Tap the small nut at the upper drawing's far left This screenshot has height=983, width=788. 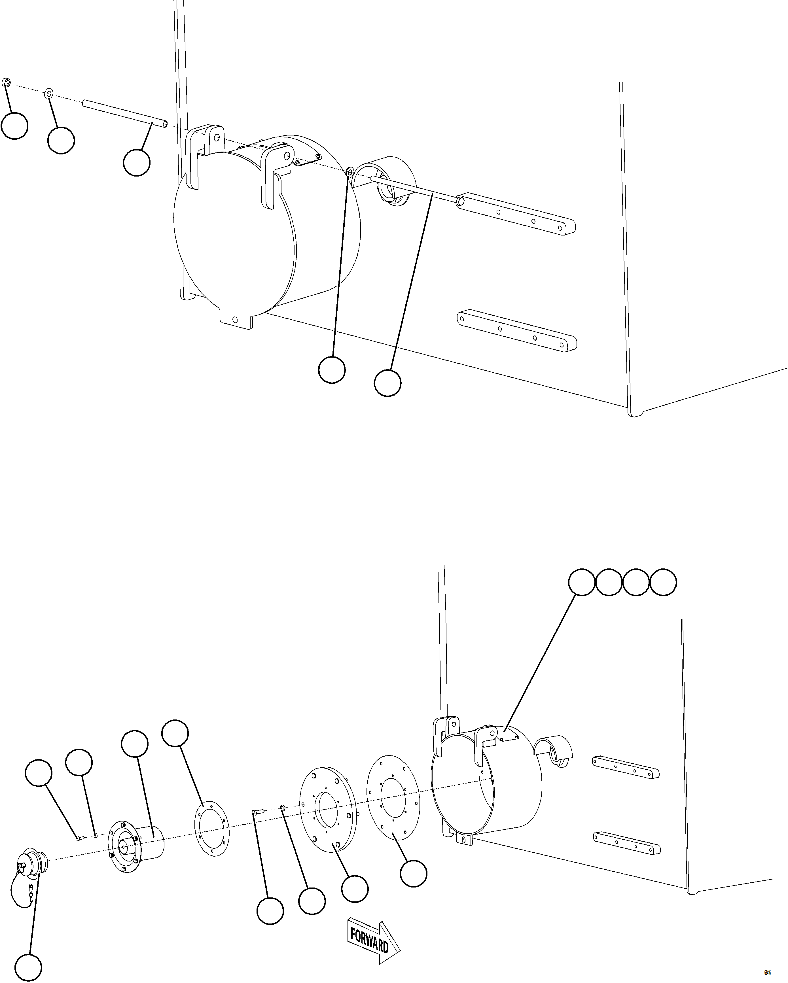[7, 82]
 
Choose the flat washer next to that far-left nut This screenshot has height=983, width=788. [49, 94]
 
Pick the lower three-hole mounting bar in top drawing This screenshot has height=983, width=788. [517, 331]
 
